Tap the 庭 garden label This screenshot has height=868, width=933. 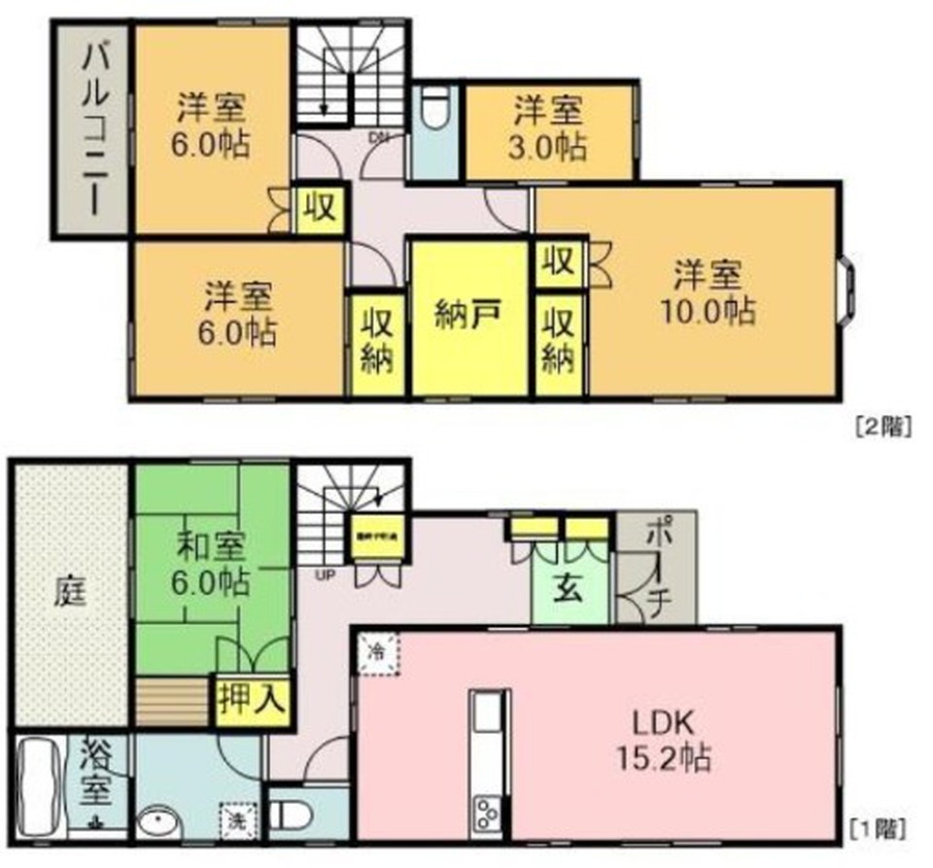68,590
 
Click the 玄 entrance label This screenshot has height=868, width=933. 568,589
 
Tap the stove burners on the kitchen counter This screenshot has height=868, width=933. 485,812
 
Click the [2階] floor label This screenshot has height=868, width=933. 880,425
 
